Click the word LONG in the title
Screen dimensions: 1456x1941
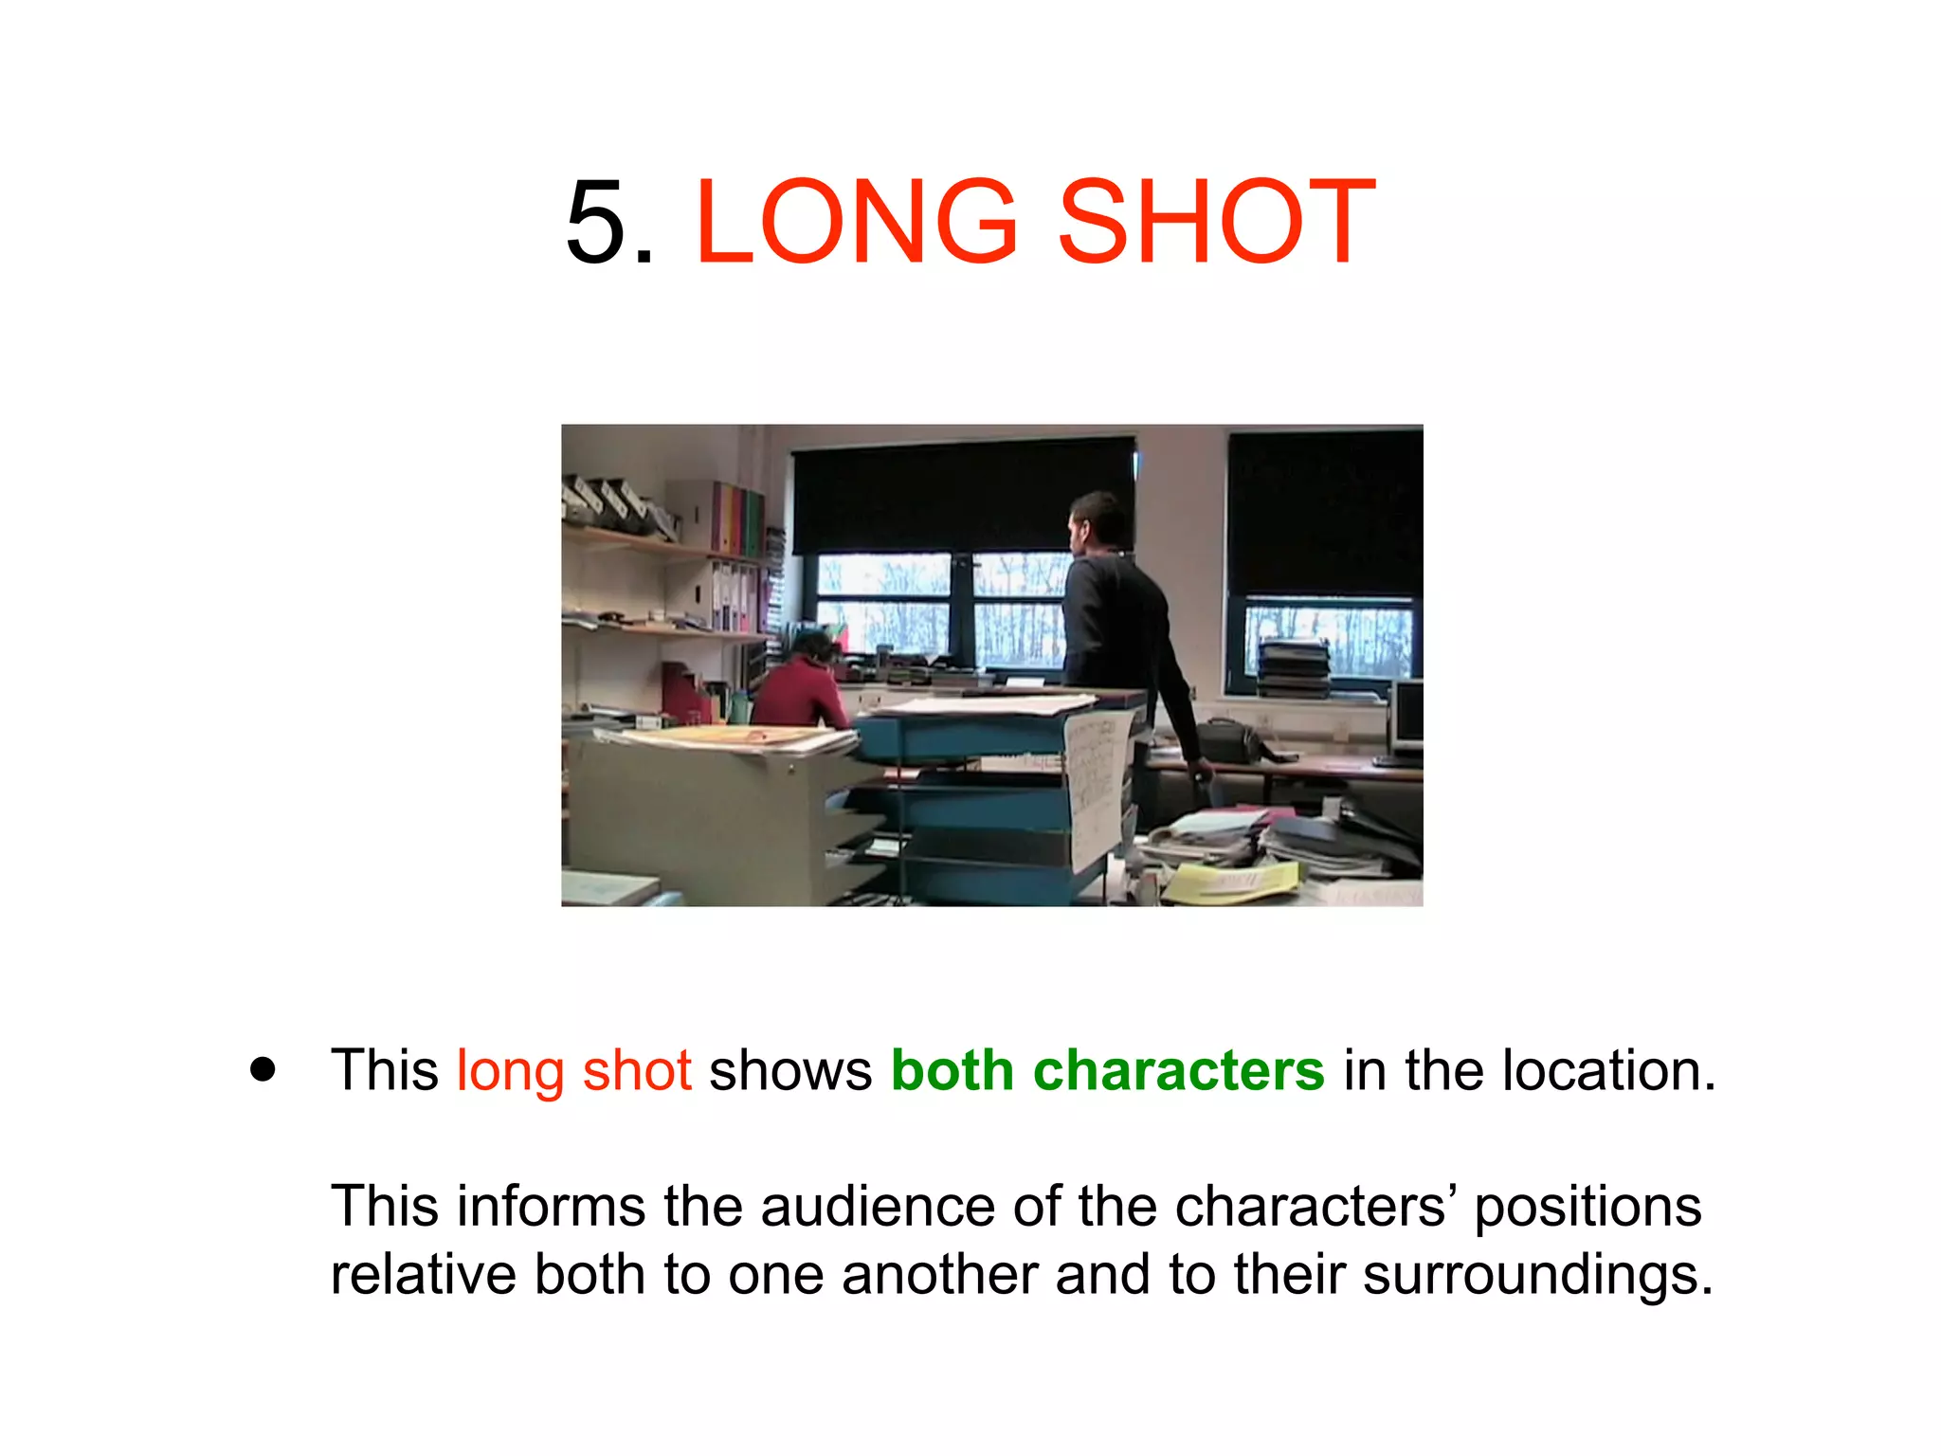click(x=857, y=223)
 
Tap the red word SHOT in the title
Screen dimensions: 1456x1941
click(x=1216, y=223)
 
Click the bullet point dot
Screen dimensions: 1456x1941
click(x=263, y=1069)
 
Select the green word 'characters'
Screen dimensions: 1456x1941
click(x=1178, y=1071)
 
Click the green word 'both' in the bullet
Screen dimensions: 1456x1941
click(x=952, y=1071)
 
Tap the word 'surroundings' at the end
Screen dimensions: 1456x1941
click(x=1537, y=1275)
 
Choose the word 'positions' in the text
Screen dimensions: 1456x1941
click(x=1587, y=1209)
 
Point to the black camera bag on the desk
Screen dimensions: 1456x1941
click(x=1228, y=739)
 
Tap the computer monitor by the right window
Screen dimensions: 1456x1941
click(x=1406, y=716)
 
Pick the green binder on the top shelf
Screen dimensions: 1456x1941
click(x=753, y=521)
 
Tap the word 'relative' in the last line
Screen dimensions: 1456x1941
click(x=423, y=1275)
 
